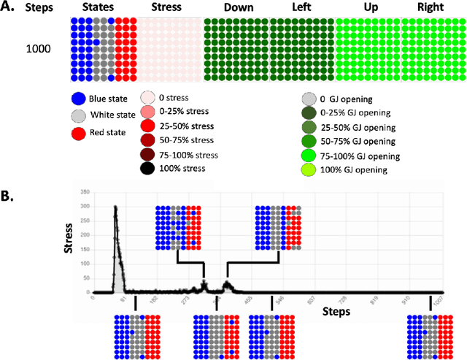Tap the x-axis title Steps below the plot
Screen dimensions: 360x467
click(x=335, y=310)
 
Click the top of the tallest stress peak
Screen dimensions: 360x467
click(x=115, y=207)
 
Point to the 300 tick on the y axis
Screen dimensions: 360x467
click(x=86, y=207)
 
